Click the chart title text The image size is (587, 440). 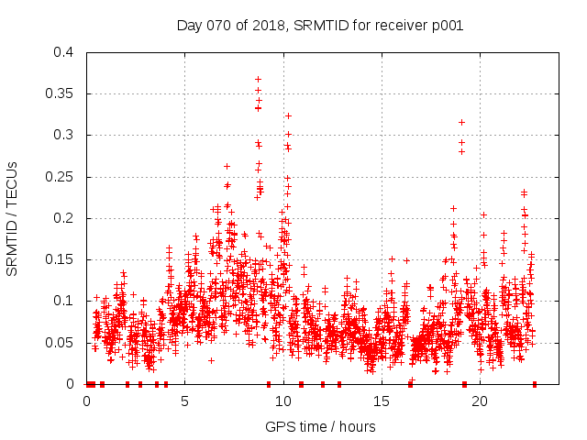coord(319,25)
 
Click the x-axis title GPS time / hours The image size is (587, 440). coord(319,426)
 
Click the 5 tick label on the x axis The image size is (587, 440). coord(184,401)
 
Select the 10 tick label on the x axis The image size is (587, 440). coord(282,401)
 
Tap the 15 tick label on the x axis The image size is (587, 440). coord(381,401)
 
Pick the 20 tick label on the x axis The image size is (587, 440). coord(479,401)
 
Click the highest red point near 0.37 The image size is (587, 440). coord(259,79)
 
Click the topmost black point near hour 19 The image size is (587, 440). coord(461,122)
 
